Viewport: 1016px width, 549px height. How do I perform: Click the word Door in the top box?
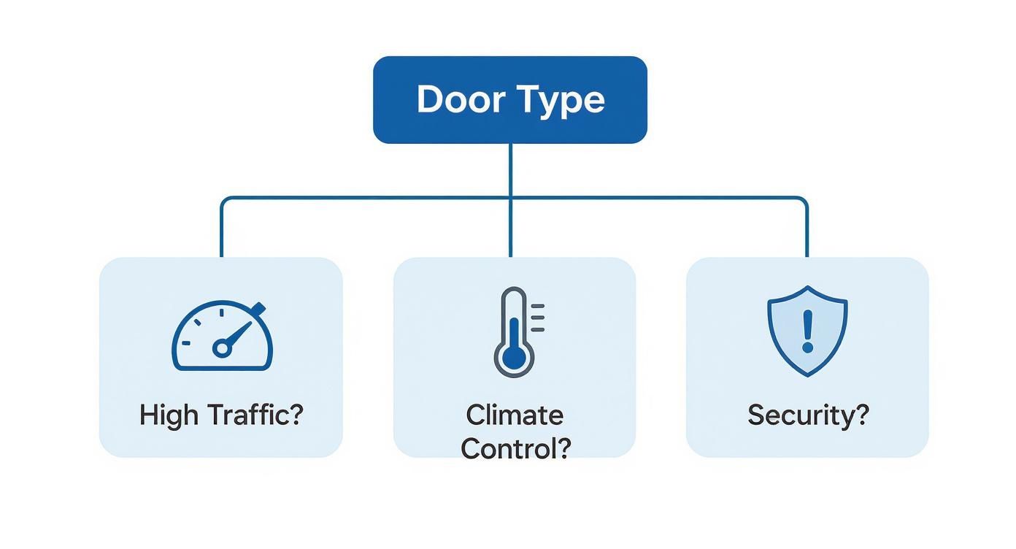point(461,99)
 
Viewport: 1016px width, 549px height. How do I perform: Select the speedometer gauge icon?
point(222,337)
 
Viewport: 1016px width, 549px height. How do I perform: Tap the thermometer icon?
point(515,332)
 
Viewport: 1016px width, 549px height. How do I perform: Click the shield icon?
point(807,330)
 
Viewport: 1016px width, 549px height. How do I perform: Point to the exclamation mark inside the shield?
point(807,329)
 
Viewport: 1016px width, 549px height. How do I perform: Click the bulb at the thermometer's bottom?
point(515,356)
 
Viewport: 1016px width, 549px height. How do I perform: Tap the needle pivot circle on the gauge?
point(221,350)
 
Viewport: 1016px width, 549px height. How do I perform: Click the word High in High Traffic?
point(169,415)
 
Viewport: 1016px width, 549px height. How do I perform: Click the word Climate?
point(515,415)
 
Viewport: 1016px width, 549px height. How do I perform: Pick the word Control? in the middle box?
point(515,448)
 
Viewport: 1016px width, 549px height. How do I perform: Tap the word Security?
point(808,415)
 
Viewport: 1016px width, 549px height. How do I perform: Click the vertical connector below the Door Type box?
point(510,169)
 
